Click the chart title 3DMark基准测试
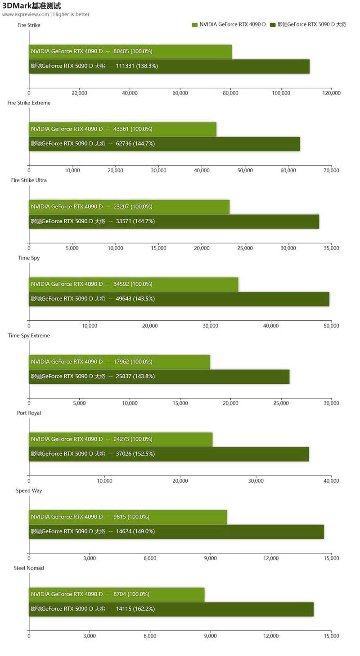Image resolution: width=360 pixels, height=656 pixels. [31, 6]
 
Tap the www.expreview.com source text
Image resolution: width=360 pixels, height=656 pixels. [25, 14]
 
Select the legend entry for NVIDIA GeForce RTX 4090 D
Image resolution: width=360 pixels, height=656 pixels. [229, 24]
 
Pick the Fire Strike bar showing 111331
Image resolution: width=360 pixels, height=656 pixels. [169, 66]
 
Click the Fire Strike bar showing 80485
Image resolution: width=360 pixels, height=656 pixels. [130, 51]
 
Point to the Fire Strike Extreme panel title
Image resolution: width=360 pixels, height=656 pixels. [29, 103]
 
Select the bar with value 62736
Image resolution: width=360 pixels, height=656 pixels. [164, 144]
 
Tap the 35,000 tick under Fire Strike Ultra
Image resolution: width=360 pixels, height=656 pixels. [331, 248]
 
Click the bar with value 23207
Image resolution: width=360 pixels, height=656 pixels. [129, 207]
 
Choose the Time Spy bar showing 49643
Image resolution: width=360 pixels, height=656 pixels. [179, 299]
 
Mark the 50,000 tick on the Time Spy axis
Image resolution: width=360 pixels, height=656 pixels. [331, 326]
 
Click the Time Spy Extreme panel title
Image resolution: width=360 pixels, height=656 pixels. [29, 336]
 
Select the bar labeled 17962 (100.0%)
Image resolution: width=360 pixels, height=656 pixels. [119, 362]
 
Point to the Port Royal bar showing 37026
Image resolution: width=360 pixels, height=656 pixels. [169, 454]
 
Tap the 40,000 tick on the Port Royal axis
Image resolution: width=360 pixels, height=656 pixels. [331, 481]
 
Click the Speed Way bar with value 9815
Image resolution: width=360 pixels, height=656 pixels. [128, 517]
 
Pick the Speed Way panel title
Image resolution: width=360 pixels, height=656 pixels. [29, 490]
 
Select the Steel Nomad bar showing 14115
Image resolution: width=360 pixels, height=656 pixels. [171, 609]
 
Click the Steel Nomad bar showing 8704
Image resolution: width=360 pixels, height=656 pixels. [117, 594]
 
